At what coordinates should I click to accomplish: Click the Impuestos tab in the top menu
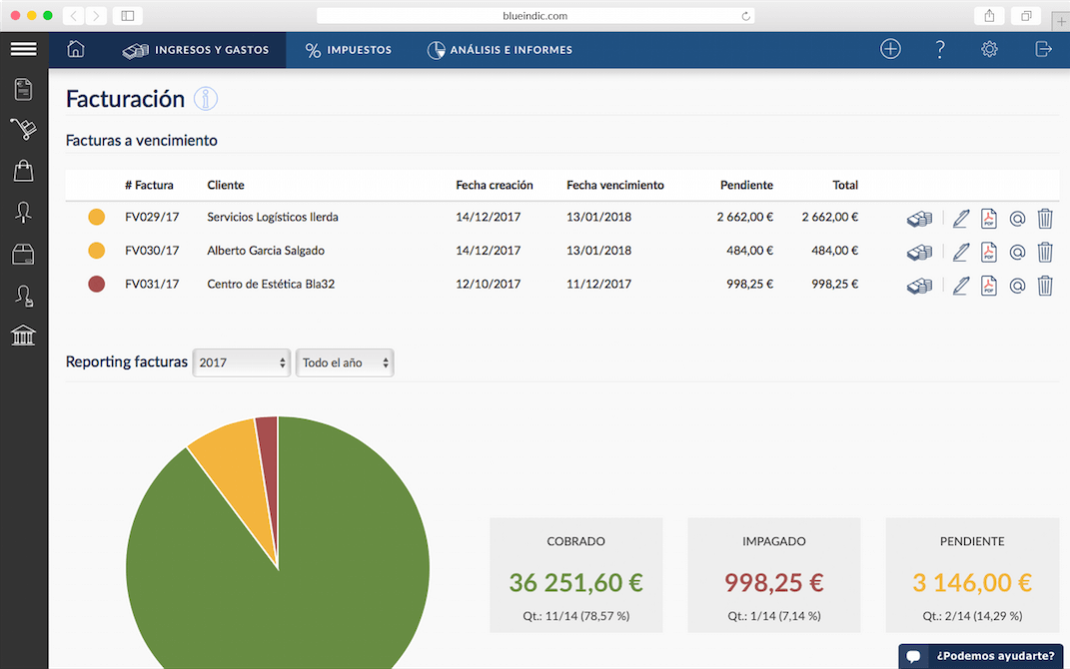pyautogui.click(x=348, y=50)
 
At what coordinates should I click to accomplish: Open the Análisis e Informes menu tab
pyautogui.click(x=500, y=50)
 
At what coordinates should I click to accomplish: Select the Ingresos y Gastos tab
pyautogui.click(x=195, y=50)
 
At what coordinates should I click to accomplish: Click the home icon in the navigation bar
pyautogui.click(x=76, y=49)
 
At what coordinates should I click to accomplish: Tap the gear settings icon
pyautogui.click(x=989, y=49)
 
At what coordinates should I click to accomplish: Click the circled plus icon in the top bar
pyautogui.click(x=890, y=49)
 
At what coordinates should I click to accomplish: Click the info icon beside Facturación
pyautogui.click(x=206, y=99)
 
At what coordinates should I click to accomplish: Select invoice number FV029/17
pyautogui.click(x=152, y=217)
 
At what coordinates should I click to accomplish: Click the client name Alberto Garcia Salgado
pyautogui.click(x=266, y=251)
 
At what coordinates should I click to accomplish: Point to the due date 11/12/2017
pyautogui.click(x=598, y=284)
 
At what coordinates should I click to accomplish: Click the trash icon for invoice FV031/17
pyautogui.click(x=1045, y=285)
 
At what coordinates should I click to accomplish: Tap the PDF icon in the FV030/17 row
pyautogui.click(x=988, y=252)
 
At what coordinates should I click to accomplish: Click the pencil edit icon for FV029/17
pyautogui.click(x=960, y=219)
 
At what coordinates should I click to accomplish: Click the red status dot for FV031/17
pyautogui.click(x=97, y=284)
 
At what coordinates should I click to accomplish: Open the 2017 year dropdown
pyautogui.click(x=242, y=362)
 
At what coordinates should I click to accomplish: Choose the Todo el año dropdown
pyautogui.click(x=345, y=362)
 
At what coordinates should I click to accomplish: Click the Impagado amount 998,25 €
pyautogui.click(x=774, y=582)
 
